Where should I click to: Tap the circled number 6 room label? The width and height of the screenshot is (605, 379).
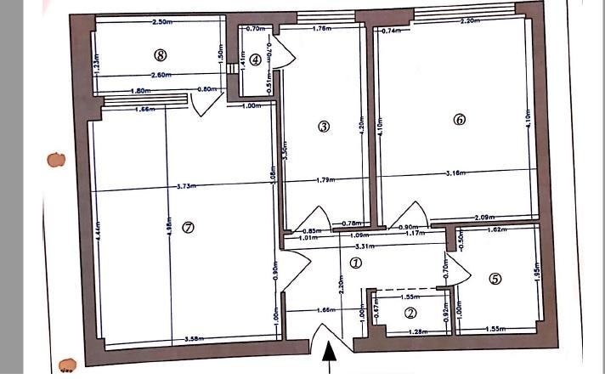pos(460,120)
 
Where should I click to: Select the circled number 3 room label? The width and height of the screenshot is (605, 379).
pos(323,127)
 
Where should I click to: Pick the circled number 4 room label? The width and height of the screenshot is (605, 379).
pos(496,278)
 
